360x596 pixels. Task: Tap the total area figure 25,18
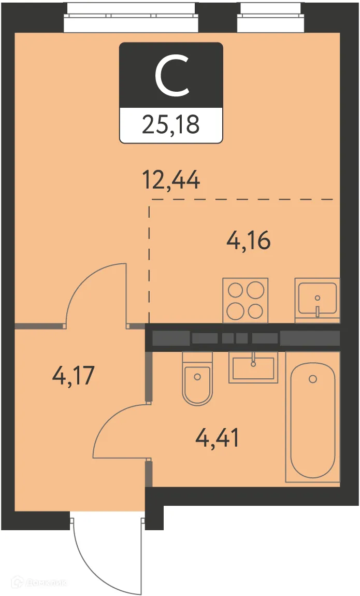pos(171,124)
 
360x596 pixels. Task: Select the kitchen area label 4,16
pos(248,240)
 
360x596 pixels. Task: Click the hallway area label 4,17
pos(73,376)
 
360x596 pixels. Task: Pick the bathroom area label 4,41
pos(217,437)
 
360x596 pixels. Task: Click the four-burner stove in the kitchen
pos(246,300)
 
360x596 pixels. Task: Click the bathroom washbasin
pos(253,367)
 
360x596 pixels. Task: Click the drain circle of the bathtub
pos(313,378)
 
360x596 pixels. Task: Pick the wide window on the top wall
pos(132,18)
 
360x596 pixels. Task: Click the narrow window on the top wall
pos(271,18)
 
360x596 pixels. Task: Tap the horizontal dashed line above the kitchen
pos(242,199)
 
